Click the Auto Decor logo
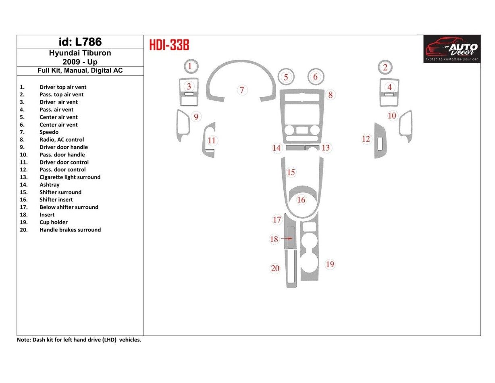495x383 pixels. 452,49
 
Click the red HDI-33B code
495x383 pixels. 169,45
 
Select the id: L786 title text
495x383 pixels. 80,42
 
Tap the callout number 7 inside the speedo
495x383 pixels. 242,90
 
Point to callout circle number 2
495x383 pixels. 385,67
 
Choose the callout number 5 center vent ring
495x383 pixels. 286,77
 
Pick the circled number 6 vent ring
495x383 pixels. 316,76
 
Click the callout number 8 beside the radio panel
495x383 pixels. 330,95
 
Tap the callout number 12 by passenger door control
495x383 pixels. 366,139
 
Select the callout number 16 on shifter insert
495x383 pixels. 301,200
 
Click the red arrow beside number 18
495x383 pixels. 287,239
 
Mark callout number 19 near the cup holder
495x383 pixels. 330,264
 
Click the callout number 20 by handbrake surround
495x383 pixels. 275,268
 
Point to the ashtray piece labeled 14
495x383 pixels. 295,148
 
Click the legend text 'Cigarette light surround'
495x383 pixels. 70,177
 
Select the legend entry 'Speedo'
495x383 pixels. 49,132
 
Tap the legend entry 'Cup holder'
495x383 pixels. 54,222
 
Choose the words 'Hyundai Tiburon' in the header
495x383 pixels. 80,53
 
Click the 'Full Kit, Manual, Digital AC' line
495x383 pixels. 80,71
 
